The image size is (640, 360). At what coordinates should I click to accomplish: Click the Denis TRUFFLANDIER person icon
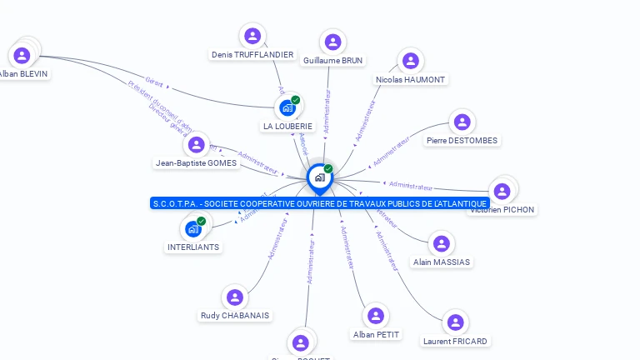tap(252, 36)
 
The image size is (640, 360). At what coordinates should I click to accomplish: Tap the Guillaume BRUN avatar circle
tap(332, 42)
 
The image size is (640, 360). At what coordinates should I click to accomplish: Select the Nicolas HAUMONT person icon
tap(410, 61)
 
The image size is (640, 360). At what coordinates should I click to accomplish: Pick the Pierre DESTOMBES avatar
tap(462, 122)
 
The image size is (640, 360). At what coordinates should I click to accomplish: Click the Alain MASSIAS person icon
tap(441, 243)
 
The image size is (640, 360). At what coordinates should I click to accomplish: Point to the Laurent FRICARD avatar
tap(455, 322)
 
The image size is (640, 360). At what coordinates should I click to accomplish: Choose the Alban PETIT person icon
tap(376, 316)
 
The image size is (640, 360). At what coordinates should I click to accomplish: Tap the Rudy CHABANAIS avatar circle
tap(235, 297)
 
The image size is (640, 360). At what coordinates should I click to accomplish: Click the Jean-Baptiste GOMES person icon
tap(196, 145)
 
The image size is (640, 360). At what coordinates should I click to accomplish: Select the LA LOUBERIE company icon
tap(287, 108)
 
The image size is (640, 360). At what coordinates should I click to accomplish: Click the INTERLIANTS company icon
tap(193, 229)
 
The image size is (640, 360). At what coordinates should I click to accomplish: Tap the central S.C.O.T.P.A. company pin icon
tap(318, 177)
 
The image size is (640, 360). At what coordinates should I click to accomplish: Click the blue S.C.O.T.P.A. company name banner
tap(320, 203)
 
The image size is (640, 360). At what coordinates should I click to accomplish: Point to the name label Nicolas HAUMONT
tap(411, 80)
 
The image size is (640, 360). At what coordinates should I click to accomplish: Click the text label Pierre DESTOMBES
tap(462, 141)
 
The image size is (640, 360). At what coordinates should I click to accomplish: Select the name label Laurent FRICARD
tap(455, 342)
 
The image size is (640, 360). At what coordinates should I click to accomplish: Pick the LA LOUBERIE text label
tap(287, 127)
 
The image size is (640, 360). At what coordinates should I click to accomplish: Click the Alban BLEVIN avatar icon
tap(22, 55)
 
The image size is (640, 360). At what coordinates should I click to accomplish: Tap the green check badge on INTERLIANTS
tap(202, 221)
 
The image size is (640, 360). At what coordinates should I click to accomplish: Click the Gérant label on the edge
tap(153, 82)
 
